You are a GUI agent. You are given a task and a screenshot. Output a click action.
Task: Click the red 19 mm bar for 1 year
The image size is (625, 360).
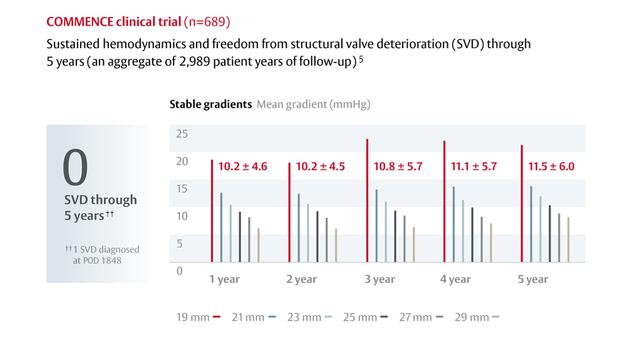coord(212,211)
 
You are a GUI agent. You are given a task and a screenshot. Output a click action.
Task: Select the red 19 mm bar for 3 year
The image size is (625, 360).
coord(367,200)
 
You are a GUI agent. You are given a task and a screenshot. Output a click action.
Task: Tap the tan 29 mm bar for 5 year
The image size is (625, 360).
coord(568,240)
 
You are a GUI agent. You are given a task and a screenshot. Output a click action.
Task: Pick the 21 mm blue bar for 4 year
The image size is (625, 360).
coord(453,224)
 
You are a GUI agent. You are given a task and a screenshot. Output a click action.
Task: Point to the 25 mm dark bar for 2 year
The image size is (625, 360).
coord(317,237)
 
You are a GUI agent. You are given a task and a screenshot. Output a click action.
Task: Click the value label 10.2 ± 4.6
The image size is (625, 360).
coord(242,167)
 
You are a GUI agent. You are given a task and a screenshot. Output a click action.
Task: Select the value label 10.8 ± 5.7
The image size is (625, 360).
coord(398,167)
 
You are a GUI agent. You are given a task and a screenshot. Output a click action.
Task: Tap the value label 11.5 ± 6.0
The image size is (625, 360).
coord(551,167)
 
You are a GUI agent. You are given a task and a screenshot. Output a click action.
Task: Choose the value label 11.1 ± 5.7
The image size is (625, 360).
coord(474,167)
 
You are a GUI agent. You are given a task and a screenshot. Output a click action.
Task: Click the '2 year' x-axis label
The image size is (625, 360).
coord(302,279)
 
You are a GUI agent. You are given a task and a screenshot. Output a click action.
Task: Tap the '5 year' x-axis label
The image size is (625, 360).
coord(533,279)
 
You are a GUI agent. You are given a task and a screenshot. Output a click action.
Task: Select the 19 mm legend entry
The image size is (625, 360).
coord(199,317)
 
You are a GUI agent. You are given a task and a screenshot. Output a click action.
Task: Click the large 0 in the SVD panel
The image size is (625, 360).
coord(75,168)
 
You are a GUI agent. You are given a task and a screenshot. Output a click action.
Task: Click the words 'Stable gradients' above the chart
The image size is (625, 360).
coord(210,105)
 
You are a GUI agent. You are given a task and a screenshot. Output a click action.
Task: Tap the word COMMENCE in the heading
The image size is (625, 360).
coord(80,23)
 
